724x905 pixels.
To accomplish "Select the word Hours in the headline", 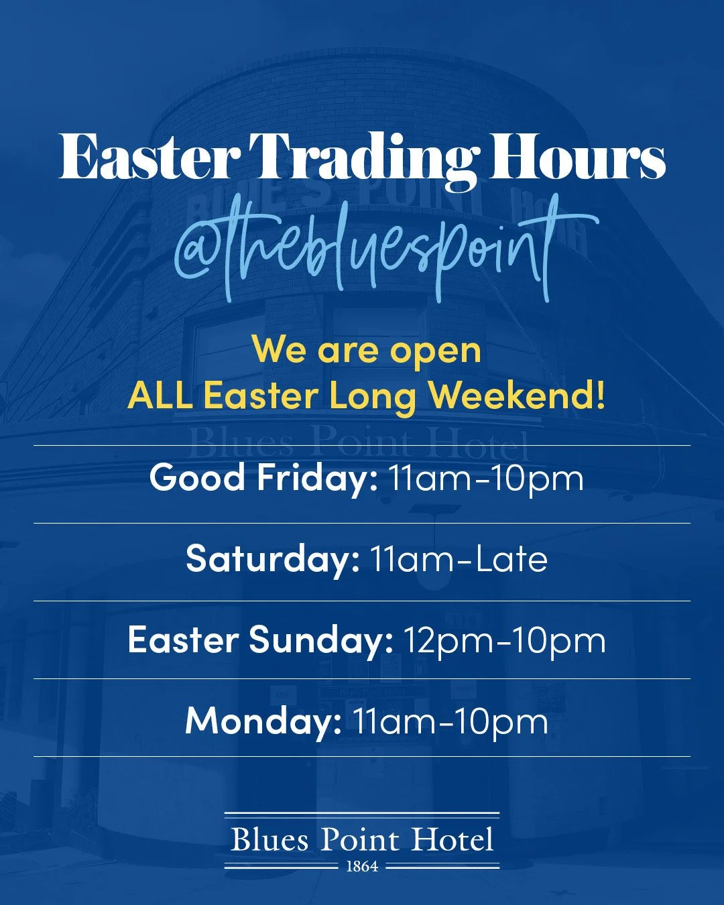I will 577,158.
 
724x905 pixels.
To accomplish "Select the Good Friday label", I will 263,478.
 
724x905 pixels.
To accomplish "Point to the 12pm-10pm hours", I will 504,640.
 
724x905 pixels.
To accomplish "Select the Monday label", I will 263,721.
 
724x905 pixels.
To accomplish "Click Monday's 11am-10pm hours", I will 450,721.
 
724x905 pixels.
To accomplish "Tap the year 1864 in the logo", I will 362,867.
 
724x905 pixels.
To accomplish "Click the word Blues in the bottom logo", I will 269,840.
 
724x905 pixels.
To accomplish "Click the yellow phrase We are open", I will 367,351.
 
